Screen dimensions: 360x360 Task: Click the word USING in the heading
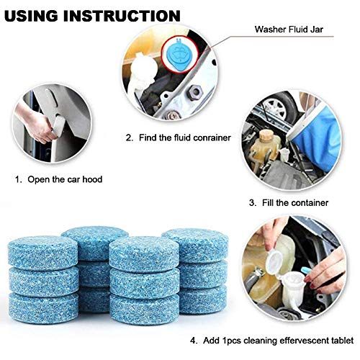[x=31, y=16]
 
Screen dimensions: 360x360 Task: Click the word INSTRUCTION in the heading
[x=122, y=16]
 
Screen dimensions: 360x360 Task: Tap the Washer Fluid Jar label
[x=289, y=30]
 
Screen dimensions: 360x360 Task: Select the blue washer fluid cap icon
[x=180, y=54]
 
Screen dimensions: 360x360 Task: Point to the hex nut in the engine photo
[x=194, y=92]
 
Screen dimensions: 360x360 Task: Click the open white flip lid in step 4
[x=274, y=261]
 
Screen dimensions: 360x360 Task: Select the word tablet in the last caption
[x=341, y=341]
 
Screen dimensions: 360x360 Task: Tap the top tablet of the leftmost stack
[x=42, y=252]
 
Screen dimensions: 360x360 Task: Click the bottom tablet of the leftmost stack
[x=44, y=307]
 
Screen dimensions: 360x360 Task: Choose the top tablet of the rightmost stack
[x=195, y=245]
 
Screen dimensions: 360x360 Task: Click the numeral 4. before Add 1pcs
[x=194, y=341]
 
